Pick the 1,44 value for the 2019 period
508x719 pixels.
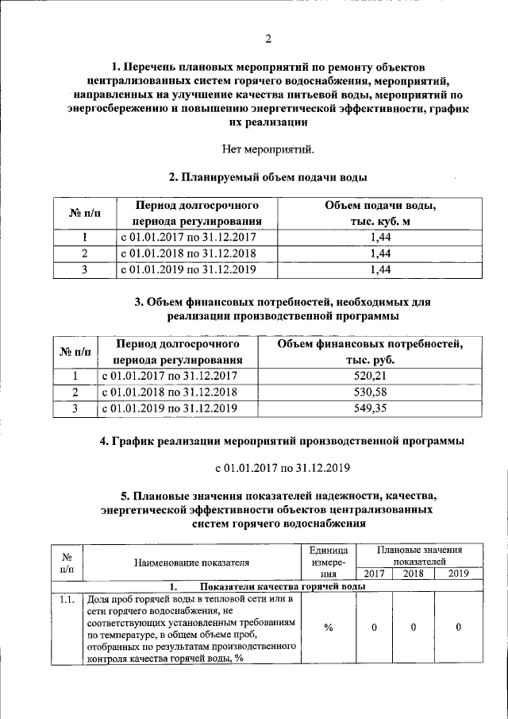point(380,270)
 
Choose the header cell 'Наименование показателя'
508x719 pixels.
point(191,562)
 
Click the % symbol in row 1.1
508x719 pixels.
point(328,628)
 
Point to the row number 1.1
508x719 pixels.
point(67,599)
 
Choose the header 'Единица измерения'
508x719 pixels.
point(328,562)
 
